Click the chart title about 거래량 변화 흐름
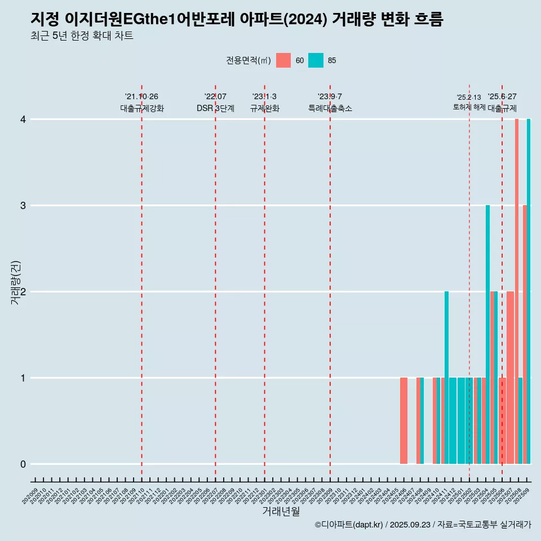click(x=237, y=19)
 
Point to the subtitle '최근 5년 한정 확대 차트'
click(x=82, y=37)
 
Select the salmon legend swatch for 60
click(x=283, y=60)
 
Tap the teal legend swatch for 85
click(x=316, y=60)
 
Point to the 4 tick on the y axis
click(x=23, y=119)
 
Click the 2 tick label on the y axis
click(x=23, y=292)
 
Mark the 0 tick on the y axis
click(x=23, y=464)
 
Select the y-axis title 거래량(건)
click(x=15, y=282)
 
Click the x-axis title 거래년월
click(x=281, y=512)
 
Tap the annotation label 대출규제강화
click(x=142, y=108)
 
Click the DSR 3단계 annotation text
click(x=215, y=108)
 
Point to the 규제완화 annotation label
click(x=265, y=108)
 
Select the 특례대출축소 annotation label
click(x=330, y=108)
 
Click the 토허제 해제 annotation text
click(x=469, y=107)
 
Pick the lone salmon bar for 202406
click(x=403, y=420)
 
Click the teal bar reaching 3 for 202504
click(x=488, y=334)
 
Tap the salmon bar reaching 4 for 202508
click(x=517, y=291)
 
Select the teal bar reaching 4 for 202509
click(x=529, y=291)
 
